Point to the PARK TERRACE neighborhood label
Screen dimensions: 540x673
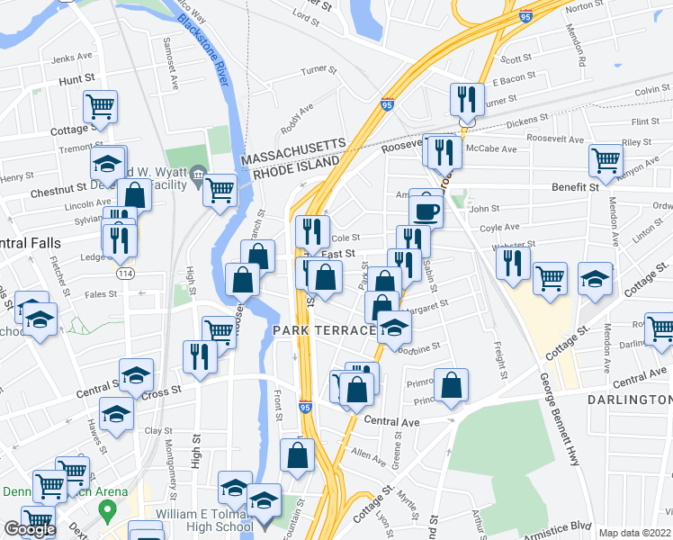tap(324, 331)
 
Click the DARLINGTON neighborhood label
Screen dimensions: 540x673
tap(630, 399)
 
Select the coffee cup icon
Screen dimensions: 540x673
tap(426, 211)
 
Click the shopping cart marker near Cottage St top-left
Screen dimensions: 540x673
tap(101, 107)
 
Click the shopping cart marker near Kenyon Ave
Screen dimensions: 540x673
tap(606, 161)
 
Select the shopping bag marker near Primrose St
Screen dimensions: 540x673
tap(452, 384)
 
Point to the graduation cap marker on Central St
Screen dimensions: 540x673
tap(136, 375)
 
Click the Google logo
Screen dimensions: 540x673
tap(30, 529)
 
